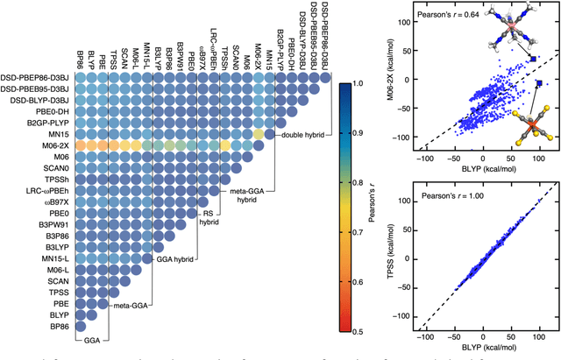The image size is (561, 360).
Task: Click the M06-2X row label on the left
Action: [45, 145]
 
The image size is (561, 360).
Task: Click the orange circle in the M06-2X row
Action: [80, 145]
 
